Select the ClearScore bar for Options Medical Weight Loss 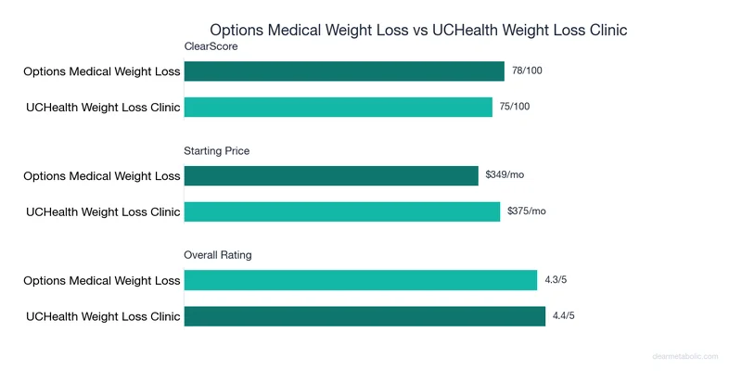[344, 71]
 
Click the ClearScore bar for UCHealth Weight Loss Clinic [339, 107]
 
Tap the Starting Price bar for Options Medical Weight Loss [331, 175]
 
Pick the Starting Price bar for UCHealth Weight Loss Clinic [342, 211]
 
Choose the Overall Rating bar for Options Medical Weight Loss [361, 280]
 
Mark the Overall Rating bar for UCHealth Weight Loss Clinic [365, 315]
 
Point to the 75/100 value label [516, 107]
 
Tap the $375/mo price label [527, 211]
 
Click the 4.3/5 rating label [558, 279]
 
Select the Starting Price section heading [217, 150]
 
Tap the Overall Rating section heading [218, 254]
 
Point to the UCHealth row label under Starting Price [103, 211]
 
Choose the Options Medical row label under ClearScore [102, 71]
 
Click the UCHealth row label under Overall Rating [103, 315]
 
